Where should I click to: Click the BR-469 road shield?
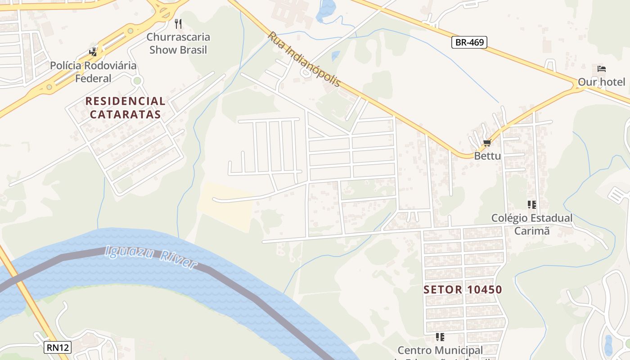469,42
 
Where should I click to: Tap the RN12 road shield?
58,347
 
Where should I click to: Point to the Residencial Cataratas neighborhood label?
125,108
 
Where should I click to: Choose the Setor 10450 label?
463,289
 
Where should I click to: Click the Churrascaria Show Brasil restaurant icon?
178,24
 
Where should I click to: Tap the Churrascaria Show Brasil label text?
178,43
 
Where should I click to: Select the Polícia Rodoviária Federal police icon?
93,52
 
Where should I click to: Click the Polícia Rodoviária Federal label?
93,72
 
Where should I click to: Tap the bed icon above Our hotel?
602,69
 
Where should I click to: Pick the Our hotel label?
602,82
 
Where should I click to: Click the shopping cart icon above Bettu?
487,143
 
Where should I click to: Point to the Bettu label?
487,156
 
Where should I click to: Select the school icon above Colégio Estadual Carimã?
532,205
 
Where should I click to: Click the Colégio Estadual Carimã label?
532,224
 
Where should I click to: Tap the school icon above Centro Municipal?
440,337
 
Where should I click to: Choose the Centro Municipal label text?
440,350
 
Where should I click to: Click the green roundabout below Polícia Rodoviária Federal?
137,81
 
